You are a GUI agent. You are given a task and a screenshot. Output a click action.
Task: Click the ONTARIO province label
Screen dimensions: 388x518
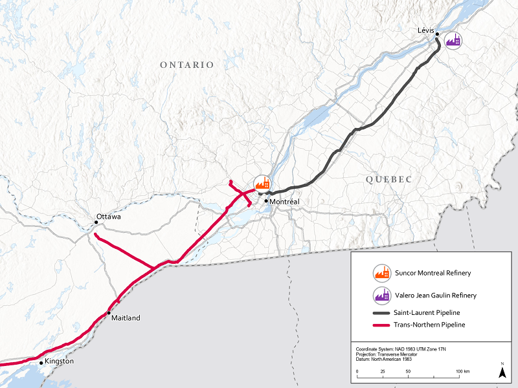(186, 65)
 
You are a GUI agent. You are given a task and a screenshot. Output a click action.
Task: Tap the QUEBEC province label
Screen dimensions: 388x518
(388, 179)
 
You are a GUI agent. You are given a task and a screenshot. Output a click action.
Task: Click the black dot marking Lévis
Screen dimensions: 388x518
(438, 34)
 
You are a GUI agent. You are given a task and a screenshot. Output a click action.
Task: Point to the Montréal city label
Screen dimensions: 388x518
(285, 202)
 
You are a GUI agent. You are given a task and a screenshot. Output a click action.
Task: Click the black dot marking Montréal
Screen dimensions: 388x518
(266, 201)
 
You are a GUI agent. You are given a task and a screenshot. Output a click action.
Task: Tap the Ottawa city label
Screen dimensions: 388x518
(108, 216)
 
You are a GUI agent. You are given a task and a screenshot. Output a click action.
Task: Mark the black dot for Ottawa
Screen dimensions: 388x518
(96, 223)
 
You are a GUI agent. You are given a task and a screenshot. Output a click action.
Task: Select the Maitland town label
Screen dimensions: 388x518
(125, 318)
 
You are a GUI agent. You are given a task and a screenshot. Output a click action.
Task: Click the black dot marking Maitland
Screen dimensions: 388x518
(109, 312)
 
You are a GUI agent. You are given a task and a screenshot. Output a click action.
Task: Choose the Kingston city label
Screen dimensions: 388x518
(59, 361)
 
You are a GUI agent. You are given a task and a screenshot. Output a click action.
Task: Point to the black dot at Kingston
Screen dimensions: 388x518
(41, 363)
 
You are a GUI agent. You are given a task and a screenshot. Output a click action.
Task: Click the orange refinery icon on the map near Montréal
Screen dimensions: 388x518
(262, 184)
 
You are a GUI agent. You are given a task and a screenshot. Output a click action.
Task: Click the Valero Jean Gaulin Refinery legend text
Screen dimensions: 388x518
(435, 296)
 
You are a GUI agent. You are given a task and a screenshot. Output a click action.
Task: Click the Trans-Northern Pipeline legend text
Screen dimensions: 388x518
(429, 325)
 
